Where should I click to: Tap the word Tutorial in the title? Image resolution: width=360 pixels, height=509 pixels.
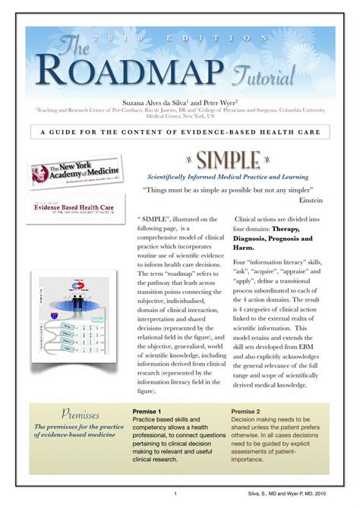coord(264,74)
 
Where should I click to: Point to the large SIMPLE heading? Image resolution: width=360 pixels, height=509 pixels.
coord(229,160)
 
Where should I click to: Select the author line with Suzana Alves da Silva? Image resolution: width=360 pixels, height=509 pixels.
coord(179,101)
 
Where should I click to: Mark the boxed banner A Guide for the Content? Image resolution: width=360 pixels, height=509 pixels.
coord(180,132)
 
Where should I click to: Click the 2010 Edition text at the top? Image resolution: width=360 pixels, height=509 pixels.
coord(180,37)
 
